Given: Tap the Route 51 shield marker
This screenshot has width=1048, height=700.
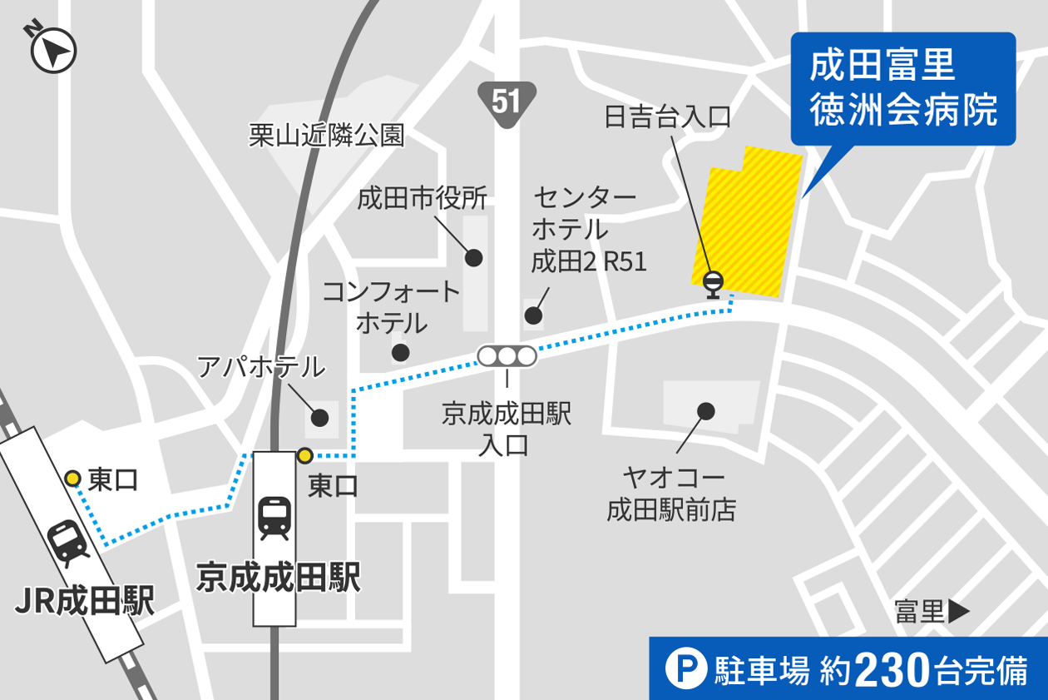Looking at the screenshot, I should [x=506, y=102].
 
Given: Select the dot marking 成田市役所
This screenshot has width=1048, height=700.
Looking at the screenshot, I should [x=473, y=257].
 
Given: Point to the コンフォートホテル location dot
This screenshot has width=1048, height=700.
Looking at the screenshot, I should [x=400, y=352].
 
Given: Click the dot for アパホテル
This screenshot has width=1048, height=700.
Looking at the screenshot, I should [x=320, y=417].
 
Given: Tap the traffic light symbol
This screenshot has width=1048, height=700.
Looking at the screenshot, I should [x=507, y=356].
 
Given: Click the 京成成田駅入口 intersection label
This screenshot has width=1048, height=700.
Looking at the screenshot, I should [x=507, y=429].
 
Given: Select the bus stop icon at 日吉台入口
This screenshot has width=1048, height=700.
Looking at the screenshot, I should [x=714, y=283].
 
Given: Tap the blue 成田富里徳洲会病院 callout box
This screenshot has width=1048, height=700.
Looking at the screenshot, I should [x=902, y=88].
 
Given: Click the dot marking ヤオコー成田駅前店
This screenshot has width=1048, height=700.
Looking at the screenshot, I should [x=706, y=410].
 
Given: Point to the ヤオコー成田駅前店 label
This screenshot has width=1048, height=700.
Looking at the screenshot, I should [x=672, y=494].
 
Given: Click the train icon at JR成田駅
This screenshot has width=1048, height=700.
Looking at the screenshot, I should [x=68, y=543].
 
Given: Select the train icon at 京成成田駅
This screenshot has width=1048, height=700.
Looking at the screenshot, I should [x=274, y=517].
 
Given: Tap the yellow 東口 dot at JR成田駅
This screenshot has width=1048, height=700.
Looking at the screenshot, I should [x=73, y=478].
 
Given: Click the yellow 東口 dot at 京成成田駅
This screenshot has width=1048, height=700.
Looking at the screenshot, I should [x=304, y=455].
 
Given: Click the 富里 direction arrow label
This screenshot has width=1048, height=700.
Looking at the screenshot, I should [x=932, y=612].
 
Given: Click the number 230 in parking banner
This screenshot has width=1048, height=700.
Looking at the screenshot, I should [x=891, y=670].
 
